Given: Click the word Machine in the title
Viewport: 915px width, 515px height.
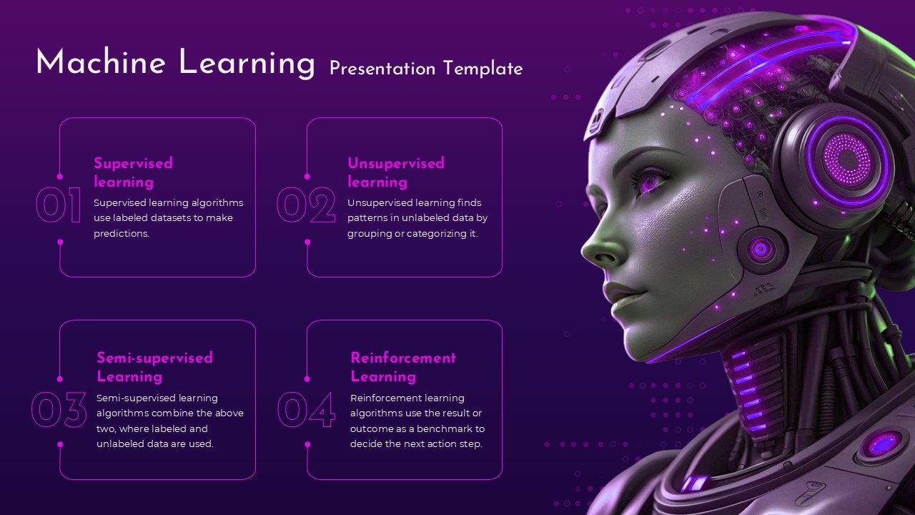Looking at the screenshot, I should [x=100, y=63].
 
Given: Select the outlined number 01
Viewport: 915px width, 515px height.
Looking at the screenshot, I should [x=59, y=206].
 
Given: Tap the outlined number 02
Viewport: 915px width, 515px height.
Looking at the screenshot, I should [x=306, y=206].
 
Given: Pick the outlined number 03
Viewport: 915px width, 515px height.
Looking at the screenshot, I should [x=59, y=410].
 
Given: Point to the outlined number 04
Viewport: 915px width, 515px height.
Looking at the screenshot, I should [x=306, y=410].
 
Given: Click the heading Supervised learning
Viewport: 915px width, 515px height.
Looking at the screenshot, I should [x=133, y=172].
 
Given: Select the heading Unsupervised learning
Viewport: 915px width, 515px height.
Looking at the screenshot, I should [x=395, y=172].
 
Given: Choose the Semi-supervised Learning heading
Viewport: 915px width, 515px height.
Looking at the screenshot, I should [x=154, y=367].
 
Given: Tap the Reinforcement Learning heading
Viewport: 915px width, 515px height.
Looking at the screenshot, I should [x=402, y=367].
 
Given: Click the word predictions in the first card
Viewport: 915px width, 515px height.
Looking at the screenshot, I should [x=121, y=234].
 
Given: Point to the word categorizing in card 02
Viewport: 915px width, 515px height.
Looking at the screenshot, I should [x=435, y=234].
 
